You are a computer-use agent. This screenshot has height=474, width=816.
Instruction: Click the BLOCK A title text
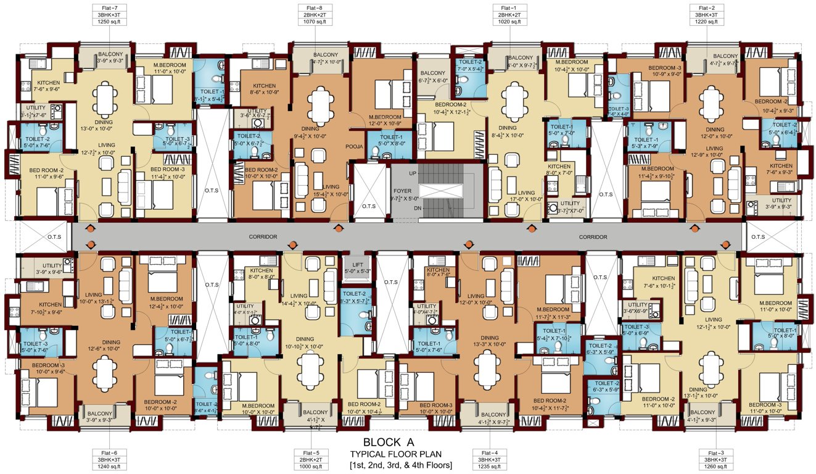coord(389,442)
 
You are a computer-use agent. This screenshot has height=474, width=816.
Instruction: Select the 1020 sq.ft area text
coord(509,22)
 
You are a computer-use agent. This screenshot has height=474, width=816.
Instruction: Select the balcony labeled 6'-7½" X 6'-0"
coord(432,80)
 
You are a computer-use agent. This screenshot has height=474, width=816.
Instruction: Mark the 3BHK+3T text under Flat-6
coord(102,460)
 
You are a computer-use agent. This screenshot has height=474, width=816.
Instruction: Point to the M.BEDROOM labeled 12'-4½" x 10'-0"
coord(164,301)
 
